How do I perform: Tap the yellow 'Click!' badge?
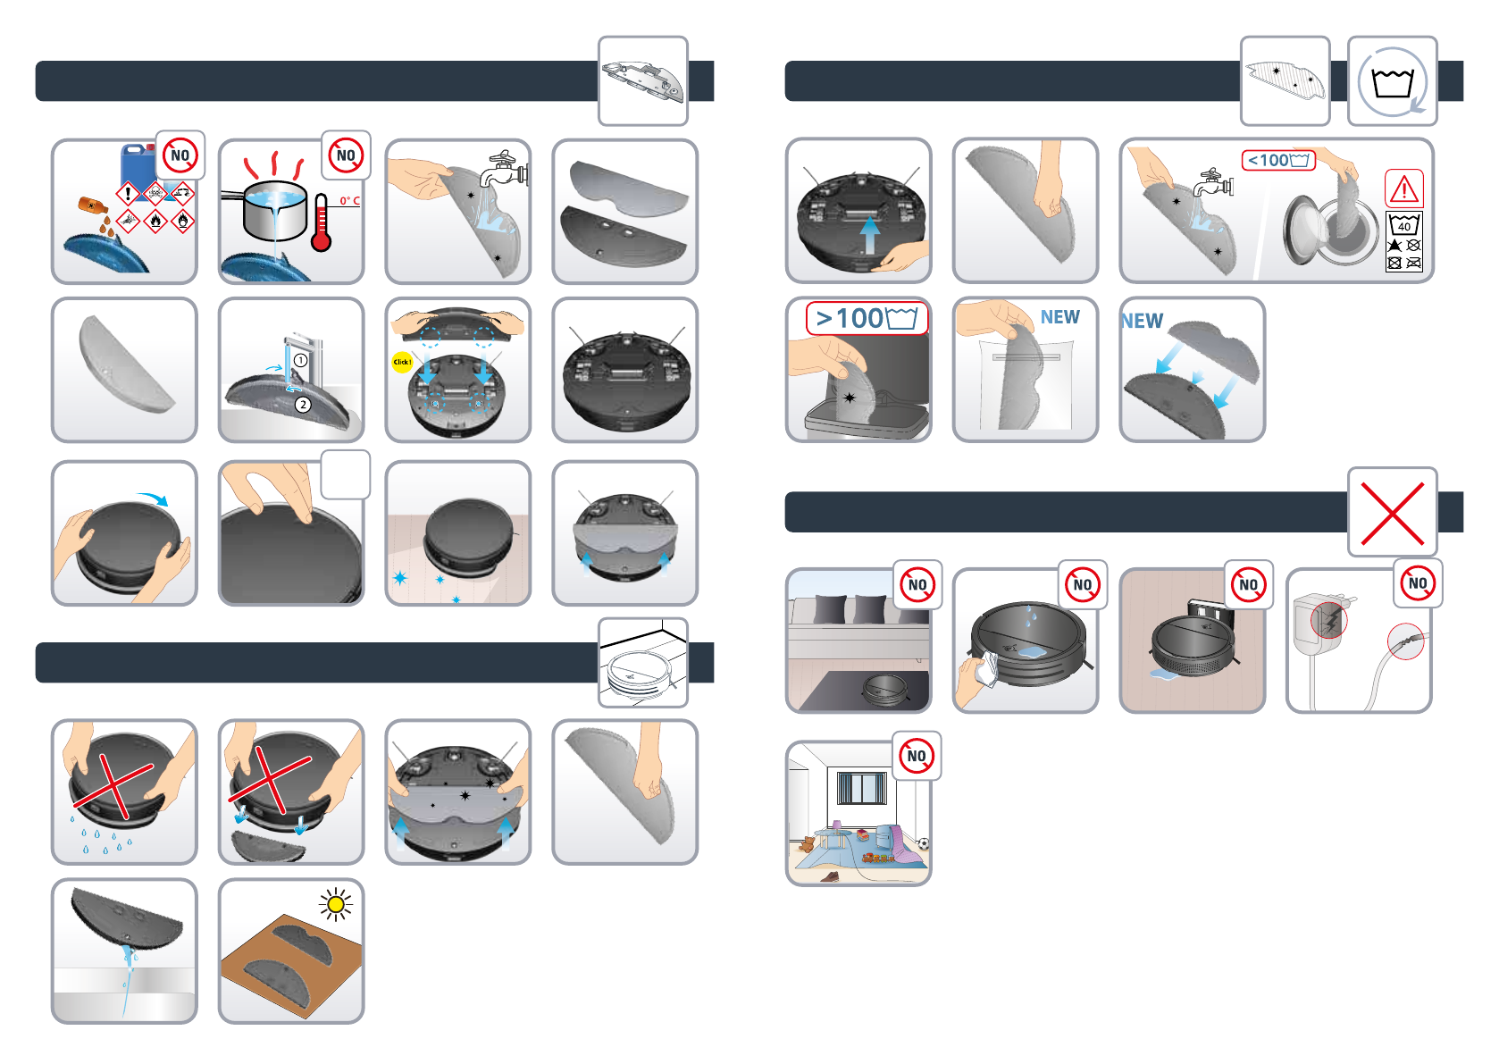[402, 362]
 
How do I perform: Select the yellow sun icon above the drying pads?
[336, 905]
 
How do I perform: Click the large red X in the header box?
[1392, 513]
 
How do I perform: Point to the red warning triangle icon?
[1403, 189]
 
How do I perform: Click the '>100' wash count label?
[866, 318]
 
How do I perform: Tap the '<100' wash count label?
[1277, 161]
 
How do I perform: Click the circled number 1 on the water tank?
[301, 361]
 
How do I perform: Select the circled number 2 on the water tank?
[303, 405]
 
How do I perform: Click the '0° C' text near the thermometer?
[349, 201]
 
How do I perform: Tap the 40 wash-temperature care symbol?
[1403, 224]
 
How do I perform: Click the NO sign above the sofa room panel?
[917, 585]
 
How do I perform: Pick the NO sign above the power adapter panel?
[1418, 583]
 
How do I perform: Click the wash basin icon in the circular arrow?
[1392, 83]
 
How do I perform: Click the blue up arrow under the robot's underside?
[870, 236]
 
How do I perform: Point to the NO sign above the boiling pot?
[346, 155]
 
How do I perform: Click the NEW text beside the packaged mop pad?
[1059, 317]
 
